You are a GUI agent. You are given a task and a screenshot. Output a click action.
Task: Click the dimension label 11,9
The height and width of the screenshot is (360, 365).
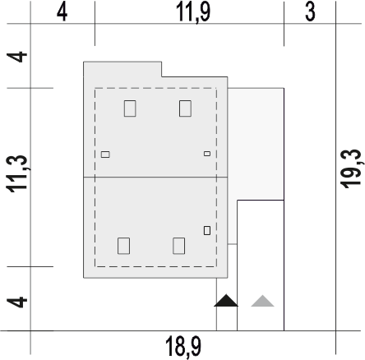tap(193, 13)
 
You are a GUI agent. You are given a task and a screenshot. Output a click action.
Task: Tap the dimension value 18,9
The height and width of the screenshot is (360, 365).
tap(183, 348)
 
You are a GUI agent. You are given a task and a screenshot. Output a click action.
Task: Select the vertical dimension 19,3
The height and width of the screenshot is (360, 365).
tap(351, 168)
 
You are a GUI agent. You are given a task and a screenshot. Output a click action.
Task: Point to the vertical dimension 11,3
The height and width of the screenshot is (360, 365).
tap(17, 174)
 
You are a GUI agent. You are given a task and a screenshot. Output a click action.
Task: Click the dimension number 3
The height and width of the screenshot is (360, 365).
tap(310, 12)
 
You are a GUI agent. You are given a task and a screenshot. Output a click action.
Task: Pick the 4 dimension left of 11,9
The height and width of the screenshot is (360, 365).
tap(62, 12)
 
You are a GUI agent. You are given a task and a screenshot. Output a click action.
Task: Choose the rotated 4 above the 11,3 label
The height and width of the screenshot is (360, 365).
tap(17, 57)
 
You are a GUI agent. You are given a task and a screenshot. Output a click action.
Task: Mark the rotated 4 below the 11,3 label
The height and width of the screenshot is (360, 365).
tap(17, 302)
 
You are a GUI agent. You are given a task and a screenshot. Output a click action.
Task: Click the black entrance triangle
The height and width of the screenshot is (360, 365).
tap(226, 301)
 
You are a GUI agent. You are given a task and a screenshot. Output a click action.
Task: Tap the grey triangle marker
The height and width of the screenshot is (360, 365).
tap(262, 301)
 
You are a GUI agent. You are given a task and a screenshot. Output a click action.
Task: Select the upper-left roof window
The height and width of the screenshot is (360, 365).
tap(130, 108)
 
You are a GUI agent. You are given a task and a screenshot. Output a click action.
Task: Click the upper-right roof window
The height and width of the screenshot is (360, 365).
tap(185, 108)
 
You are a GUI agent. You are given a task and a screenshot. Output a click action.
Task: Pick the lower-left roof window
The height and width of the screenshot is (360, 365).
tap(123, 246)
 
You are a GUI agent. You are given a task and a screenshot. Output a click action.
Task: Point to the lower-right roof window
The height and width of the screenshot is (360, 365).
tap(179, 246)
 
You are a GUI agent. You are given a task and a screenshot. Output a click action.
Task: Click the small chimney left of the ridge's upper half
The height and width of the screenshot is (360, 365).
tap(105, 155)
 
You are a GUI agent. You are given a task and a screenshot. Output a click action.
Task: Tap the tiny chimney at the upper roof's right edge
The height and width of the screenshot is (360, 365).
tap(207, 154)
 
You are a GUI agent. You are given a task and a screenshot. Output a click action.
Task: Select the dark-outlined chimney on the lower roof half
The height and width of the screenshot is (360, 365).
tap(207, 230)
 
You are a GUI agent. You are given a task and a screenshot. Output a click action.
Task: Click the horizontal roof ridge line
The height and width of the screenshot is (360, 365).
tap(155, 178)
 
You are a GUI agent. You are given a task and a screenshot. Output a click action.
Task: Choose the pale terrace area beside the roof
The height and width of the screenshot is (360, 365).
tap(256, 144)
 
